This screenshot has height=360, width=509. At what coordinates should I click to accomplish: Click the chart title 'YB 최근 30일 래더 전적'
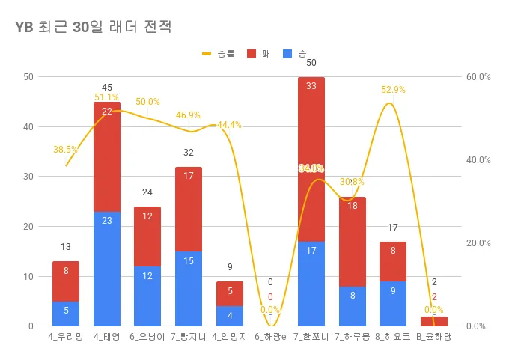pos(94,28)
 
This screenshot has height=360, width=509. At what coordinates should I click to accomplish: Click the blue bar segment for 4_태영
pos(107,269)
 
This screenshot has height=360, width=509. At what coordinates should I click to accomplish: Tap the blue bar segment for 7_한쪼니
pos(311,284)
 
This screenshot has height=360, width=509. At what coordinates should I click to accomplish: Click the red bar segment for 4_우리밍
pos(66,281)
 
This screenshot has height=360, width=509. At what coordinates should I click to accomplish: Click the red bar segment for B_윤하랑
pos(434,321)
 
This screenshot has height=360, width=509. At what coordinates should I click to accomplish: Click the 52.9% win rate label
pos(393,90)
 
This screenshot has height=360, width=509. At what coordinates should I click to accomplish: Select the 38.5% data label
pos(65,150)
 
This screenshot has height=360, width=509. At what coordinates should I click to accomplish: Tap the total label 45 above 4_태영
pos(107,88)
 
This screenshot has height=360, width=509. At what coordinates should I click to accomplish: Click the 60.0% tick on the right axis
pos(478,77)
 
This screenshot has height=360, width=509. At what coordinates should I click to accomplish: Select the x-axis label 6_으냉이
pos(147,338)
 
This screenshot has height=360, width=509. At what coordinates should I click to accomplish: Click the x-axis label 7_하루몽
pos(353,338)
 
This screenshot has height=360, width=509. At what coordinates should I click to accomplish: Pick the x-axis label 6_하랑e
pos(270,338)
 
